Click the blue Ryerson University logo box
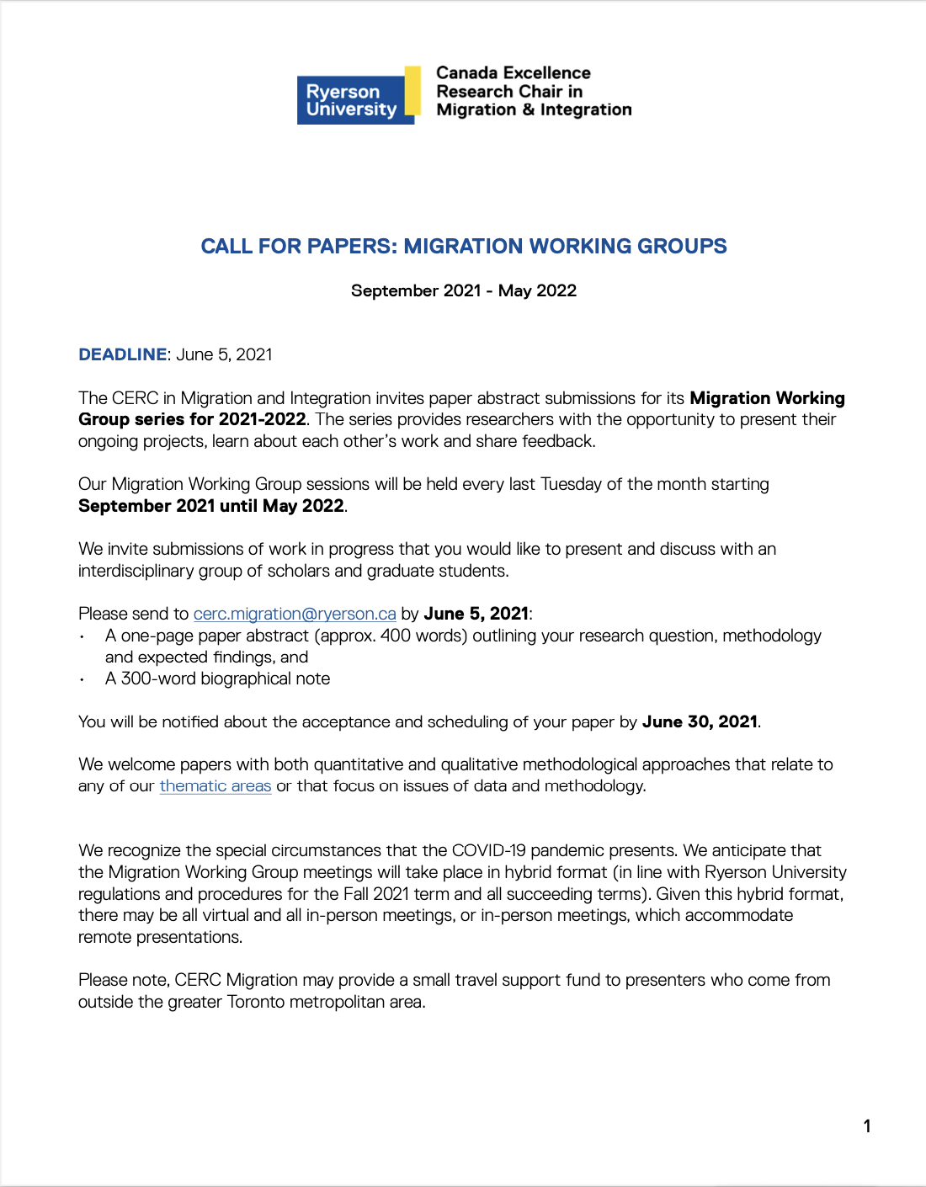tap(351, 100)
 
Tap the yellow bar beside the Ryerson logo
tap(412, 91)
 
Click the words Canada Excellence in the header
tap(513, 73)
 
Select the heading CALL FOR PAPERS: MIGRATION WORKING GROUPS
tap(464, 247)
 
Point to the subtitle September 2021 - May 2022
tap(464, 291)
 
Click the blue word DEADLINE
tap(123, 354)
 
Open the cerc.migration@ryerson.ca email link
tap(295, 614)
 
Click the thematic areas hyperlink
tap(216, 786)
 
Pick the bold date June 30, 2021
tap(700, 721)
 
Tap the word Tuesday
tap(571, 484)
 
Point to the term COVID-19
tap(488, 850)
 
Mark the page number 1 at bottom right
tap(867, 1126)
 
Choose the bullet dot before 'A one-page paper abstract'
tap(82, 637)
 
